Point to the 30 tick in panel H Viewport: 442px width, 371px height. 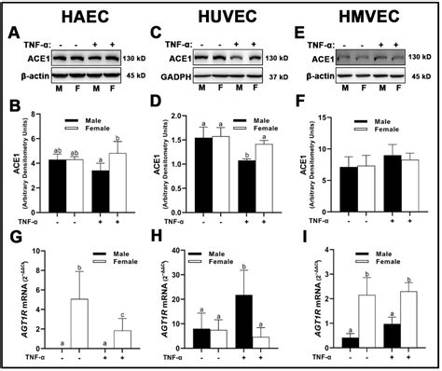185,282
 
